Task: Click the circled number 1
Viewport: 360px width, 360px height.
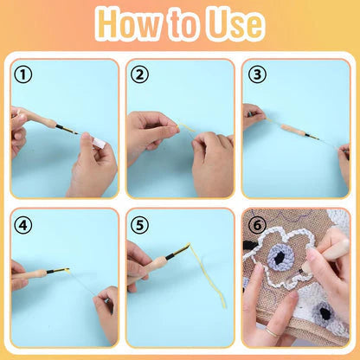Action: click(24, 74)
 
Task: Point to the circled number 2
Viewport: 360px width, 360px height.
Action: click(140, 74)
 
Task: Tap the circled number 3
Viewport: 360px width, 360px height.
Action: click(255, 74)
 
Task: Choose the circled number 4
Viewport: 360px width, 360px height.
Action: click(24, 225)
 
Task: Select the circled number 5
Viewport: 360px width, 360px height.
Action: click(140, 225)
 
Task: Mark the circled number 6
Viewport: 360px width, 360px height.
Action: click(255, 223)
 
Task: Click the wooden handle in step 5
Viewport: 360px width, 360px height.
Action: click(157, 259)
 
